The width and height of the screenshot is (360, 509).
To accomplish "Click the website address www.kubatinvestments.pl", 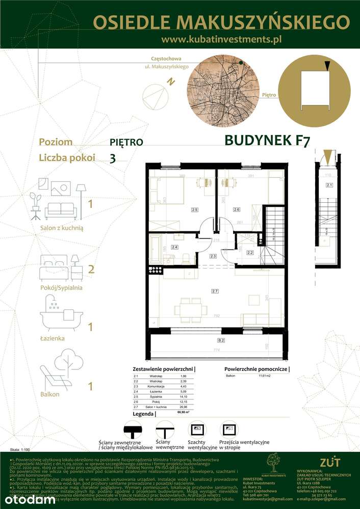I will point(221,38).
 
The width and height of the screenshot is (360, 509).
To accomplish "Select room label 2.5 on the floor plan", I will point(194,209).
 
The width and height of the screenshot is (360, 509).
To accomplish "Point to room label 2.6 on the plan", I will point(237,209).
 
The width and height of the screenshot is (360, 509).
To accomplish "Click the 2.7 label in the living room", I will point(215,290).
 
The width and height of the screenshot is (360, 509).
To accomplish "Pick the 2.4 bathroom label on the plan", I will point(174,247).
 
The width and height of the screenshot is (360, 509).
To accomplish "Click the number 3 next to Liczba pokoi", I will point(112,158).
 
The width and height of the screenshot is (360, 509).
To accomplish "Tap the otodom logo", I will point(28,499).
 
